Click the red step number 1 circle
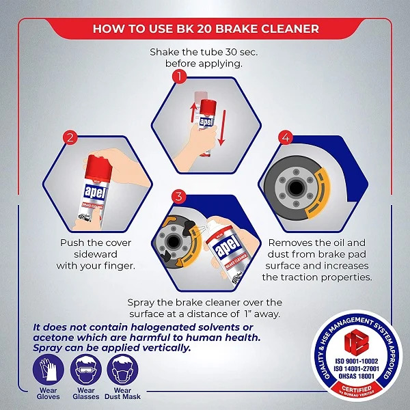pyautogui.click(x=179, y=77)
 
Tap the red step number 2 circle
pyautogui.click(x=70, y=137)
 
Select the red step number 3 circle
pyautogui.click(x=178, y=196)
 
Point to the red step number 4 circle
pyautogui.click(x=286, y=137)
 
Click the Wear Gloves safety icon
pyautogui.click(x=48, y=370)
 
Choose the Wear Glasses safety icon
pyautogui.click(x=86, y=370)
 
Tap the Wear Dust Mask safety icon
pyautogui.click(x=122, y=370)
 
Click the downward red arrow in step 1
pyautogui.click(x=222, y=128)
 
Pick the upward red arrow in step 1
pyautogui.click(x=193, y=113)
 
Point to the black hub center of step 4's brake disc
pyautogui.click(x=296, y=187)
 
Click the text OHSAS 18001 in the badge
pyautogui.click(x=357, y=376)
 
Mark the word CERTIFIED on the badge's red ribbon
pyautogui.click(x=357, y=388)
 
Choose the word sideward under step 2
pyautogui.click(x=96, y=254)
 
